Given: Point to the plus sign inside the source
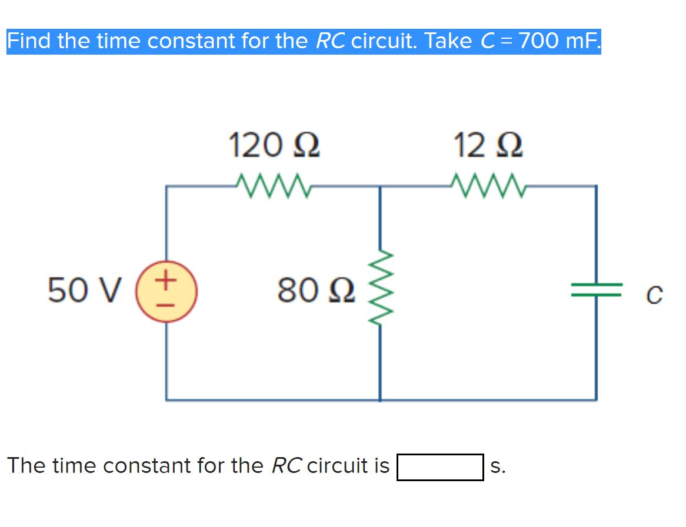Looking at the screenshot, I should coord(166,280).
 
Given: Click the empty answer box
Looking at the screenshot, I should coord(439,467).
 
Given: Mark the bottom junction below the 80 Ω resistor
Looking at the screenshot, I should coord(379,400).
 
